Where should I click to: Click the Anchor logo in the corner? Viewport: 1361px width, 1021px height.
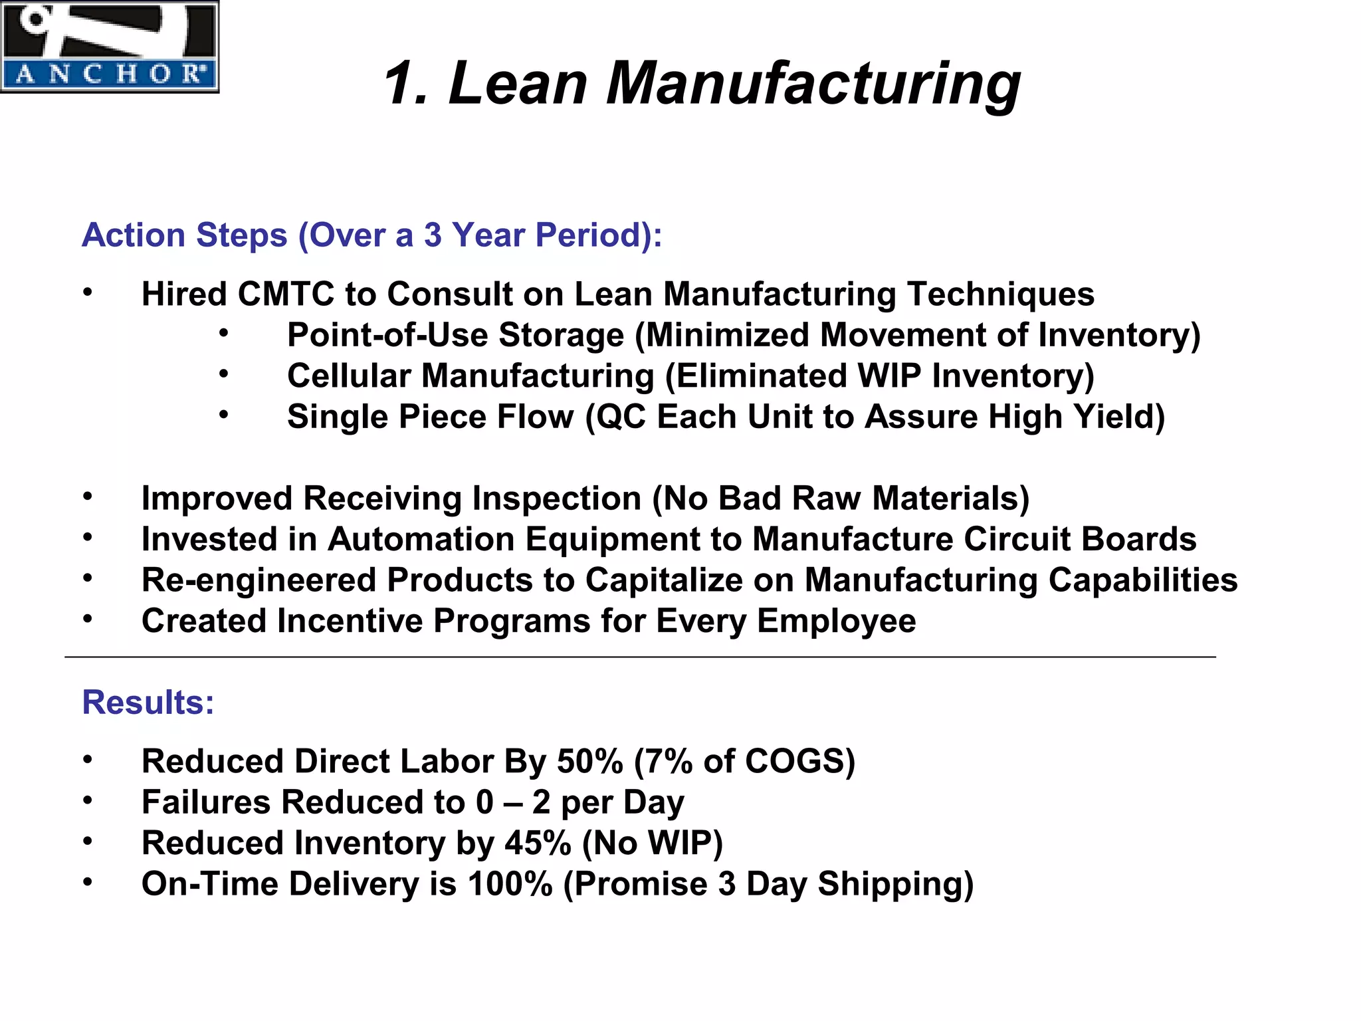coord(109,47)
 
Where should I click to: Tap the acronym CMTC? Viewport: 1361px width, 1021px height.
coord(286,294)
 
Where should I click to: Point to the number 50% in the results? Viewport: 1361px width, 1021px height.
coord(590,761)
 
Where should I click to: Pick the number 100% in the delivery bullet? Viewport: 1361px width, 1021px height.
coord(510,884)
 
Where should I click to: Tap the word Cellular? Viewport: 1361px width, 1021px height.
coord(349,376)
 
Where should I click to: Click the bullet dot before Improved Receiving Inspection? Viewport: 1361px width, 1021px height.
coord(88,497)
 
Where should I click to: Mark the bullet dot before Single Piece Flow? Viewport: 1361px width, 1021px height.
coord(224,415)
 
